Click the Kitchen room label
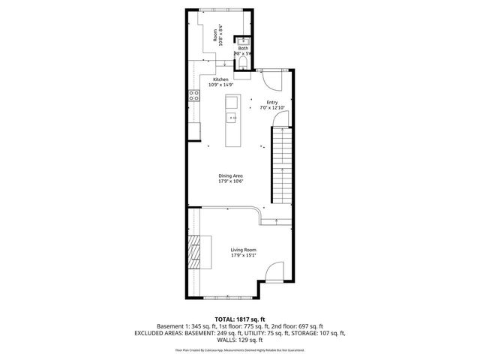point(220,79)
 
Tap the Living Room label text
point(243,249)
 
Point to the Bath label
point(243,48)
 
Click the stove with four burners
point(193,95)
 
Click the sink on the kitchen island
point(232,118)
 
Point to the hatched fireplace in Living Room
point(194,251)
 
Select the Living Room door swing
point(274,271)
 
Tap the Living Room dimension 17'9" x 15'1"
point(243,255)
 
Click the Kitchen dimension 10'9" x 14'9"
point(220,85)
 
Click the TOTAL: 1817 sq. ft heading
point(239,319)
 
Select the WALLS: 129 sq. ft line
point(239,339)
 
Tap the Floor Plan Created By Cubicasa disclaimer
point(239,349)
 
